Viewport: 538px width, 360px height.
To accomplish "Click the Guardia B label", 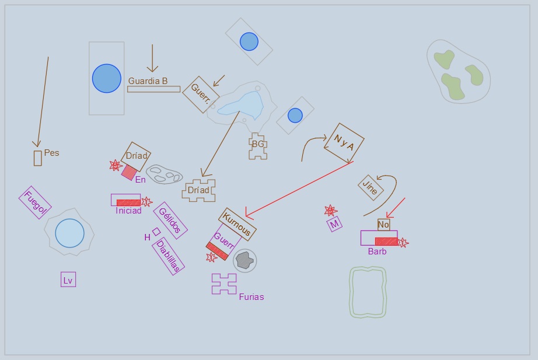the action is point(148,81).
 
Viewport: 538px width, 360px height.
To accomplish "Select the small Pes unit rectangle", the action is point(38,158).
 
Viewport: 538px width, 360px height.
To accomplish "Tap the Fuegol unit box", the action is point(35,202).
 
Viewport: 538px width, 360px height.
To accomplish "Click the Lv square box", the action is point(68,279).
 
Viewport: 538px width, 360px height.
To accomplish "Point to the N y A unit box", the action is point(344,143).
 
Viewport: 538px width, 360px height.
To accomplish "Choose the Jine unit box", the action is point(371,187).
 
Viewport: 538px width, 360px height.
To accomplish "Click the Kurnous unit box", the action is point(237,224).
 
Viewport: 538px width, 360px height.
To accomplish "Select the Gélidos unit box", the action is point(170,221).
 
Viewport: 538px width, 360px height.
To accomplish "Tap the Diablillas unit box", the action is point(168,256).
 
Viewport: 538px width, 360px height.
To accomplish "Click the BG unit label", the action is point(258,144).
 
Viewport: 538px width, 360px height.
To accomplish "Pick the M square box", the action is point(334,224).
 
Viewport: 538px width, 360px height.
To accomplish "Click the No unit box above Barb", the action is point(383,225).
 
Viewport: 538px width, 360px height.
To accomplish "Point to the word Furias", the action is point(251,297).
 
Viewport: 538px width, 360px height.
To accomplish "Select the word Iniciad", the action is point(128,211).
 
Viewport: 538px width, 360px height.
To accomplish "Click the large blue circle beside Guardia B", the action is point(107,78).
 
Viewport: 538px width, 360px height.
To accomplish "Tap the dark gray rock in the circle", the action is point(244,260).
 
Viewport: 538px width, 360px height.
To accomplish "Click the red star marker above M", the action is point(330,211).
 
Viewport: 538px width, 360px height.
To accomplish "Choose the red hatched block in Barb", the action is point(386,241).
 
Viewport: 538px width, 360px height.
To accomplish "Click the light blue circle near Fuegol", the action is point(69,233).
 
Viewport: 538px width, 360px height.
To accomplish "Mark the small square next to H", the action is point(156,232).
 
